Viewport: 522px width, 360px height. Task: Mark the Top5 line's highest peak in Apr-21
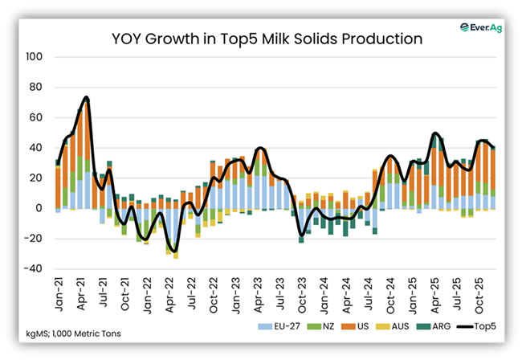pyautogui.click(x=86, y=98)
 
